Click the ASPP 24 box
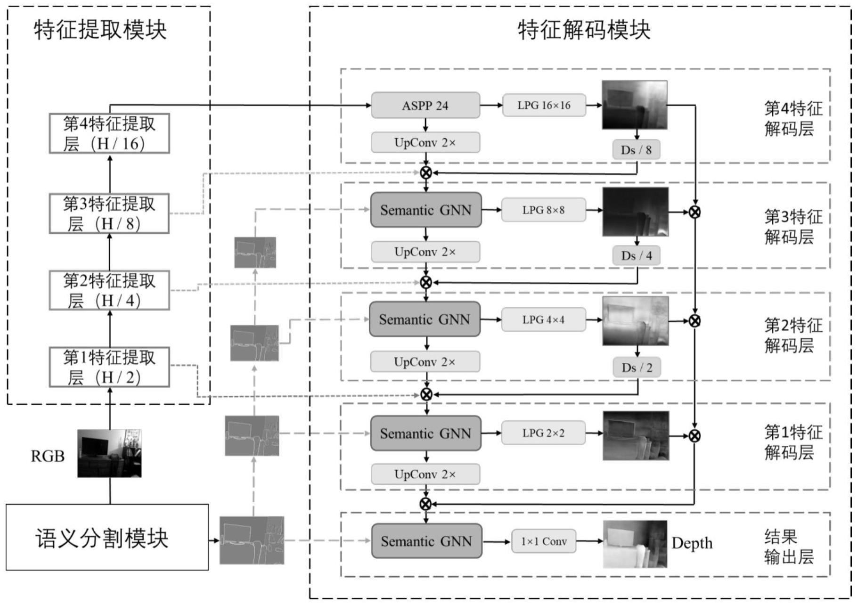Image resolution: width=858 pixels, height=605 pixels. (425, 106)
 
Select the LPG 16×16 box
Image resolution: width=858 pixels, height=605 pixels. (544, 106)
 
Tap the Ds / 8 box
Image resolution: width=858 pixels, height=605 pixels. (636, 150)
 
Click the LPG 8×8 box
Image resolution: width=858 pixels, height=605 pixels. (543, 210)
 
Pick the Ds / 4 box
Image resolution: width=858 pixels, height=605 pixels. (636, 256)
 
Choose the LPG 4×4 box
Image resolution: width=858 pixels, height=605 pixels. (543, 319)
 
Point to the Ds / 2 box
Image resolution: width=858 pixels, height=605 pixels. (636, 368)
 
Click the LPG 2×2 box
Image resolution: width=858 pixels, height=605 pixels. (543, 433)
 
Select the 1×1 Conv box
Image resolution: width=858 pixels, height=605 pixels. (543, 541)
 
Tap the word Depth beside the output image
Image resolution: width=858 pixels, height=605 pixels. (692, 543)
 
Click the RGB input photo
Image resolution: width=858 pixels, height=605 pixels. (109, 453)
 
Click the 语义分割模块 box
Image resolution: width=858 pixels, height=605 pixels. (107, 537)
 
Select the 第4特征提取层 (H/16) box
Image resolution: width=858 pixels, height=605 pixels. (109, 133)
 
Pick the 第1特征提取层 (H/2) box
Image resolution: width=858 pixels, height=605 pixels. (109, 367)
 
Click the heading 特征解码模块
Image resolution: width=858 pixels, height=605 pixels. (584, 30)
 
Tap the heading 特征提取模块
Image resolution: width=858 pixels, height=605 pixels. (100, 30)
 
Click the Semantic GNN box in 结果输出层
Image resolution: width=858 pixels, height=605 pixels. (426, 541)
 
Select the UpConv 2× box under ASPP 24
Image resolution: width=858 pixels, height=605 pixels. (425, 143)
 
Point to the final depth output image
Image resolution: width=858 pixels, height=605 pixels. (635, 544)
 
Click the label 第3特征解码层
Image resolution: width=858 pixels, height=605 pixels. (793, 227)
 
